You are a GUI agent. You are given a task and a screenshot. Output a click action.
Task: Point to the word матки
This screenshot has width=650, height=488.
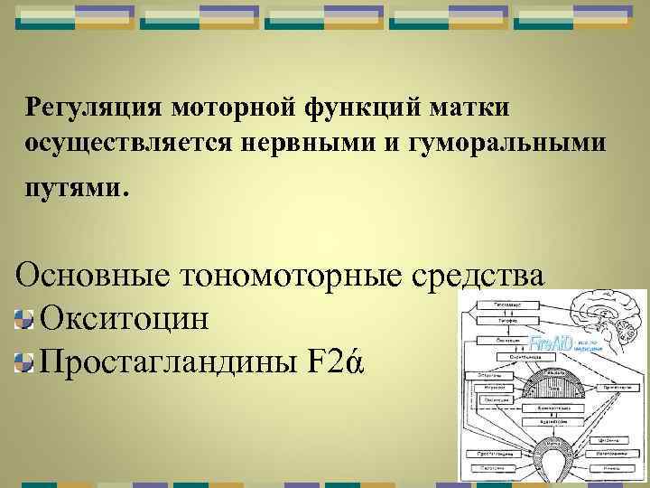point(469,108)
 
